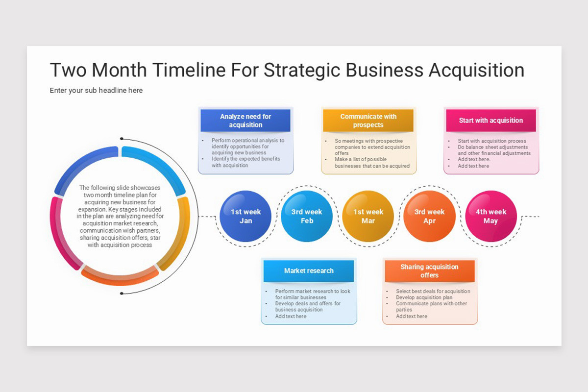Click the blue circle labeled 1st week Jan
pyautogui.click(x=245, y=216)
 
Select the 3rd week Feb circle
pyautogui.click(x=307, y=216)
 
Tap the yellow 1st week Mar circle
pyautogui.click(x=368, y=216)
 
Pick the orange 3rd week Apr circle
pyautogui.click(x=429, y=216)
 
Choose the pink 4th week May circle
pyautogui.click(x=490, y=216)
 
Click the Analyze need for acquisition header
pyautogui.click(x=245, y=121)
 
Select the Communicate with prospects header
pyautogui.click(x=368, y=121)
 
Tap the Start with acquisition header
pyautogui.click(x=490, y=121)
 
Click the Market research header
pyautogui.click(x=309, y=271)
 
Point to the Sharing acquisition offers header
pyautogui.click(x=429, y=271)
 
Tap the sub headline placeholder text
pyautogui.click(x=96, y=90)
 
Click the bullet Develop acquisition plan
pyautogui.click(x=424, y=297)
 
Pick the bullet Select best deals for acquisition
pyautogui.click(x=433, y=291)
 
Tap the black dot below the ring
pyautogui.click(x=121, y=294)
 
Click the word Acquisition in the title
pyautogui.click(x=476, y=70)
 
